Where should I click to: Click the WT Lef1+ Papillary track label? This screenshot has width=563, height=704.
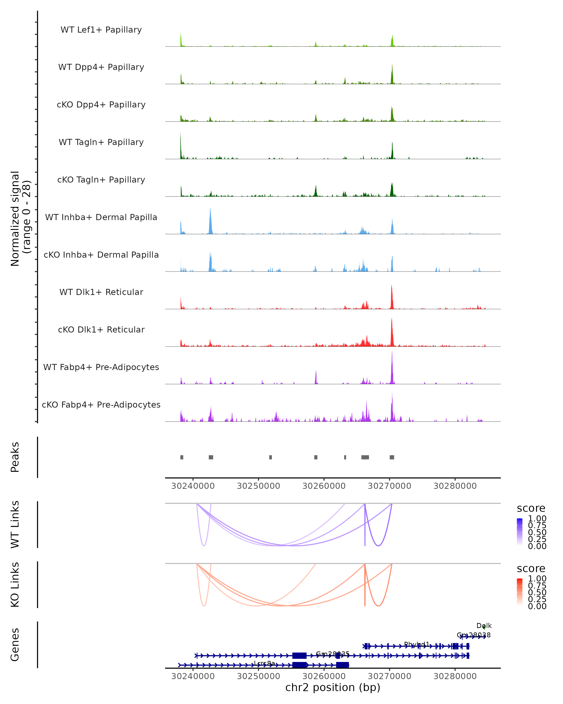[101, 30]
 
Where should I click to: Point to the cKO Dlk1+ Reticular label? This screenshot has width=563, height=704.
[101, 329]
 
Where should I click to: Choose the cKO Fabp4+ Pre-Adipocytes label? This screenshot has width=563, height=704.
[101, 405]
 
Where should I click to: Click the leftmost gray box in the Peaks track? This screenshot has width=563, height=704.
[182, 457]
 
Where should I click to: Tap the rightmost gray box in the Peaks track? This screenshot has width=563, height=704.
[392, 457]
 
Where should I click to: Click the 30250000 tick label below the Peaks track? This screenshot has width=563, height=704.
[259, 486]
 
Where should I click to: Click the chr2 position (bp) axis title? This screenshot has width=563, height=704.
[333, 687]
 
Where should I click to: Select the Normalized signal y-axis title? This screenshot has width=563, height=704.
[20, 218]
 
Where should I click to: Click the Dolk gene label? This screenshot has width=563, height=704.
[484, 626]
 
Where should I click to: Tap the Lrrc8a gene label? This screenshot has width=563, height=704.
[264, 663]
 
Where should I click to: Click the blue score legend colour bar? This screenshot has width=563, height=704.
[520, 532]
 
